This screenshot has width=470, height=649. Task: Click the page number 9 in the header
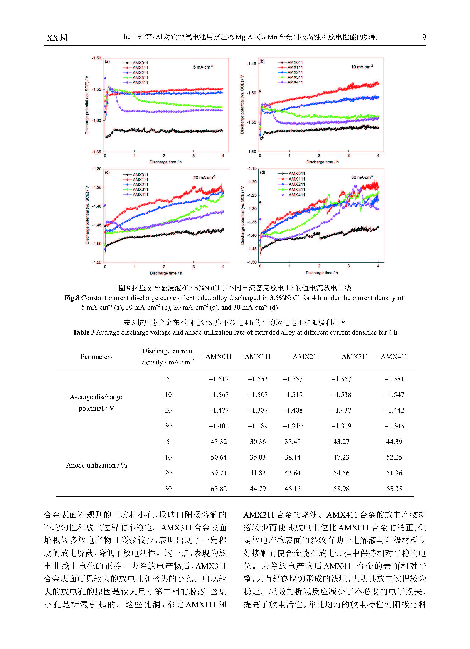point(424,37)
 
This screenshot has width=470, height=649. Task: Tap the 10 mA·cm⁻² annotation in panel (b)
point(362,67)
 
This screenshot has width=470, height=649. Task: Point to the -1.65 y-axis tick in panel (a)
point(96,152)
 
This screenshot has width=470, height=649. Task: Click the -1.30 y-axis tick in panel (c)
point(96,169)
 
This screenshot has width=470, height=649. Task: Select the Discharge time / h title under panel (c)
point(166,273)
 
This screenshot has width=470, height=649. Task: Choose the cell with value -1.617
point(219,379)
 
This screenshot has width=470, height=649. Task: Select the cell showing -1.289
point(258,426)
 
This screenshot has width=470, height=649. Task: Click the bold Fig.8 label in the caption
point(72,298)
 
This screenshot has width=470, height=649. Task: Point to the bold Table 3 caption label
point(83,332)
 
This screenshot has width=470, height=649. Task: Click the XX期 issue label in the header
point(57,38)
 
